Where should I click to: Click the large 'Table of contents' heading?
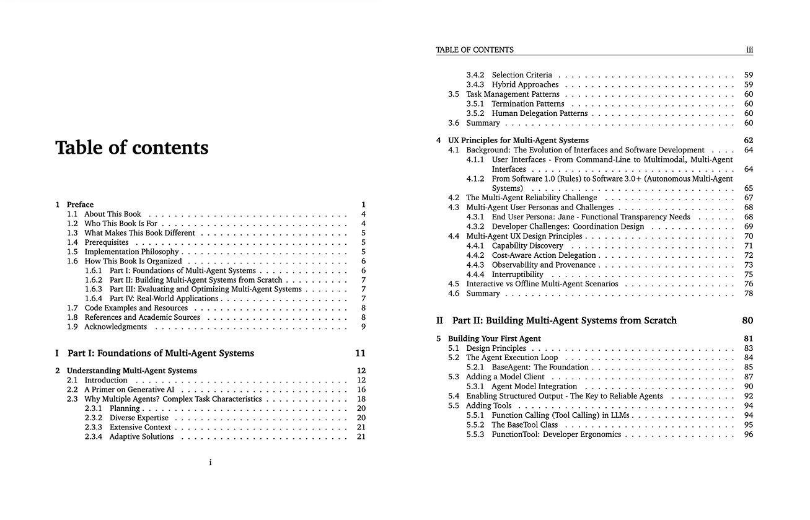click(132, 148)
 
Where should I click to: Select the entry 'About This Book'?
click(113, 214)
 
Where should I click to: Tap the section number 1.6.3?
click(93, 289)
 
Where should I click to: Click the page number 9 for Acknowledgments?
click(364, 327)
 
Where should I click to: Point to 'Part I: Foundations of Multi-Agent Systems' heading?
click(161, 353)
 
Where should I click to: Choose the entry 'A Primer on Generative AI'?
click(130, 390)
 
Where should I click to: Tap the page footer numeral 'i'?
click(211, 462)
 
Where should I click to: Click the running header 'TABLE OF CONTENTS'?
click(475, 50)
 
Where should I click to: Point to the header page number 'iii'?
click(749, 50)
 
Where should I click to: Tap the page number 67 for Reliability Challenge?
click(749, 198)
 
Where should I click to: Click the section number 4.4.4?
click(475, 275)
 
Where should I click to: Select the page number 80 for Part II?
click(747, 320)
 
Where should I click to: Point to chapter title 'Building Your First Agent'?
click(495, 339)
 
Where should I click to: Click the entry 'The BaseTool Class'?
click(524, 425)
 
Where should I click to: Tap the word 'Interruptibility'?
click(517, 275)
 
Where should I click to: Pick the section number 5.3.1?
click(475, 387)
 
